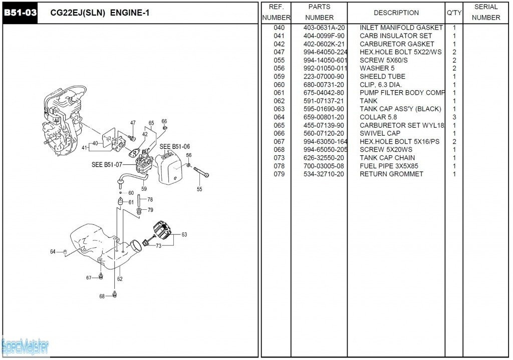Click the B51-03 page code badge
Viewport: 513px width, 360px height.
pyautogui.click(x=20, y=13)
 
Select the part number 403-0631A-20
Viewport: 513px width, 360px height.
pyautogui.click(x=324, y=28)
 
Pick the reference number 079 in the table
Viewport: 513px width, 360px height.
pyautogui.click(x=279, y=174)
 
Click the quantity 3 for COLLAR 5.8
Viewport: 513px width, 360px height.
pyautogui.click(x=454, y=117)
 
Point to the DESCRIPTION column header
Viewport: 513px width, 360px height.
pyautogui.click(x=396, y=13)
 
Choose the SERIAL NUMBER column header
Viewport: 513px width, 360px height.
pyautogui.click(x=485, y=12)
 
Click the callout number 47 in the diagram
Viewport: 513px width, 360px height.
pyautogui.click(x=133, y=123)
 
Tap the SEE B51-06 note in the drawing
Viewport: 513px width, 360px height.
pyautogui.click(x=174, y=147)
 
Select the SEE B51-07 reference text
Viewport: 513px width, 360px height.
pyautogui.click(x=107, y=164)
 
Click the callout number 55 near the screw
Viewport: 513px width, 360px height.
pyautogui.click(x=199, y=189)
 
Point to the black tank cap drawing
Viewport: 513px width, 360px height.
pyautogui.click(x=163, y=232)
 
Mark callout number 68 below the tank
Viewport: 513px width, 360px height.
pyautogui.click(x=102, y=296)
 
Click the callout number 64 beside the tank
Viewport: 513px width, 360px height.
pyautogui.click(x=53, y=252)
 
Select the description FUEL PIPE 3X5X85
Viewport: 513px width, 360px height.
pyautogui.click(x=389, y=166)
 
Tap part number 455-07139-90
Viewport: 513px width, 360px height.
pyautogui.click(x=324, y=125)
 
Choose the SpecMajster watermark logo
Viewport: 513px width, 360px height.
pyautogui.click(x=25, y=345)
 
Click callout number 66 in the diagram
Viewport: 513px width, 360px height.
pyautogui.click(x=164, y=121)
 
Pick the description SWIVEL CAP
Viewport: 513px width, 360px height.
pyautogui.click(x=380, y=133)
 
